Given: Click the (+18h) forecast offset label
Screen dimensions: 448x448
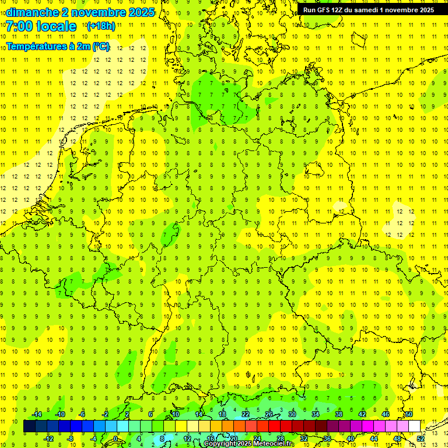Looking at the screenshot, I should point(101,26).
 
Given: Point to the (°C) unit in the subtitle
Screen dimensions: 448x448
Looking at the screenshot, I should point(101,46).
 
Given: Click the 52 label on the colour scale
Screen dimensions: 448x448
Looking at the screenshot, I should point(421,439).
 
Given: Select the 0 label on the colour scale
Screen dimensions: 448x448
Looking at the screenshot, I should point(116,439).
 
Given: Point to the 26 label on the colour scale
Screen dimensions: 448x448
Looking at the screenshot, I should point(268,414).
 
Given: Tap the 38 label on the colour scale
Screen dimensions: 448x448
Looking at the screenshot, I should point(338,414).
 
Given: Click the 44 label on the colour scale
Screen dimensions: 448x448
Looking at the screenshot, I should point(374,439).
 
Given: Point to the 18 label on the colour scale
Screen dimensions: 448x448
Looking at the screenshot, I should point(222,414).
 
